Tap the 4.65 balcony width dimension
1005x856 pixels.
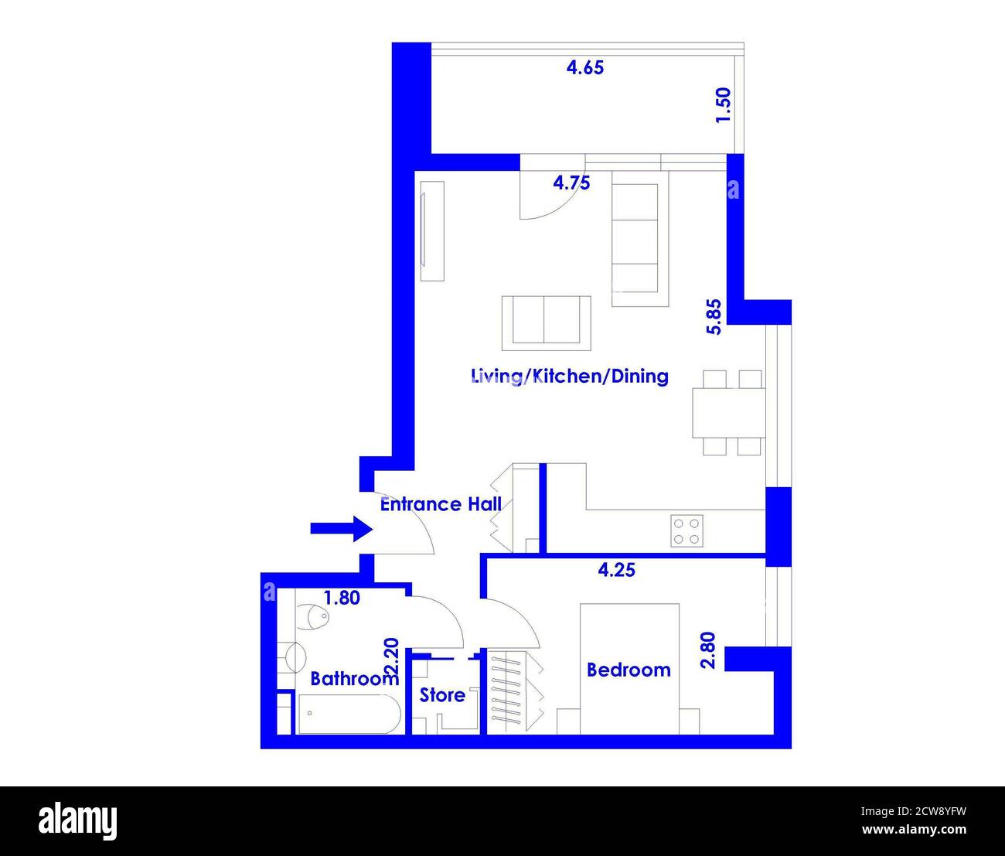pyautogui.click(x=585, y=67)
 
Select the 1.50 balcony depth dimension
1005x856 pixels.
pyautogui.click(x=722, y=105)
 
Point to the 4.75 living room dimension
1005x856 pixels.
pyautogui.click(x=572, y=183)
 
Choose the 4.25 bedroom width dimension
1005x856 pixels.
pyautogui.click(x=617, y=570)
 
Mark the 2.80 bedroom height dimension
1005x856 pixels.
pyautogui.click(x=709, y=651)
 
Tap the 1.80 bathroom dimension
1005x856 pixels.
pyautogui.click(x=341, y=598)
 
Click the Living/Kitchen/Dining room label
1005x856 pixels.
pyautogui.click(x=570, y=377)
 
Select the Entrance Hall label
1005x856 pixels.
pyautogui.click(x=441, y=504)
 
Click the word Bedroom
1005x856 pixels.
pyautogui.click(x=629, y=670)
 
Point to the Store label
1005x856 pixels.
pyautogui.click(x=442, y=695)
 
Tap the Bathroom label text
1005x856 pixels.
pyautogui.click(x=353, y=679)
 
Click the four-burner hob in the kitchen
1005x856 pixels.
pyautogui.click(x=686, y=530)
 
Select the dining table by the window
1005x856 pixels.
pyautogui.click(x=727, y=413)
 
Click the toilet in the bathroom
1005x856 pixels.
pyautogui.click(x=314, y=617)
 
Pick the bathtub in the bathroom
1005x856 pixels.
pyautogui.click(x=349, y=714)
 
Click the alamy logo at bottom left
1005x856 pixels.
pyautogui.click(x=78, y=820)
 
